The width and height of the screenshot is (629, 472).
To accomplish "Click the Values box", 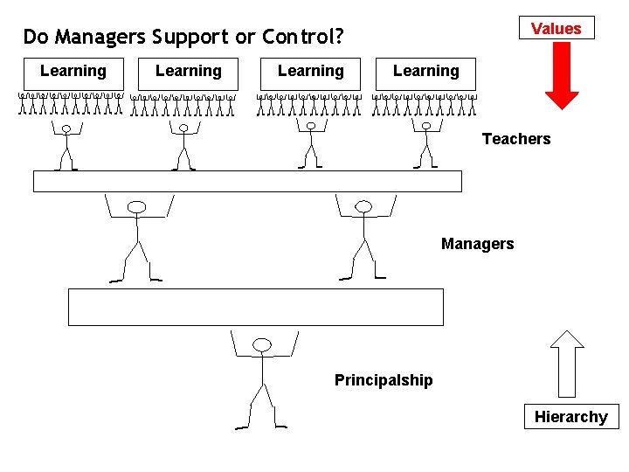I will pyautogui.click(x=556, y=29).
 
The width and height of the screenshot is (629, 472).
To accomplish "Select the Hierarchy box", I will pyautogui.click(x=570, y=417).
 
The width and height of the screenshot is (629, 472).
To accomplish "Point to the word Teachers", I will pyautogui.click(x=516, y=139).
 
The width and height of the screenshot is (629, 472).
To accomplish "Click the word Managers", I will pyautogui.click(x=477, y=244).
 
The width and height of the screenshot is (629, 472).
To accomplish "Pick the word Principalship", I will pyautogui.click(x=383, y=380).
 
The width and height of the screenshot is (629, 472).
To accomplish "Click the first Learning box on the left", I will pyautogui.click(x=73, y=72).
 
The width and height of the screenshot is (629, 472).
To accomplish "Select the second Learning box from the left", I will pyautogui.click(x=188, y=72).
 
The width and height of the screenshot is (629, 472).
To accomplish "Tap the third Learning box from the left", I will pyautogui.click(x=310, y=72).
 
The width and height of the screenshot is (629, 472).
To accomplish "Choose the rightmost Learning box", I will pyautogui.click(x=425, y=72).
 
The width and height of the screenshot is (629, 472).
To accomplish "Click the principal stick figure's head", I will pyautogui.click(x=262, y=345).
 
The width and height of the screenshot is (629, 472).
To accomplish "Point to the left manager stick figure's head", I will pyautogui.click(x=137, y=207).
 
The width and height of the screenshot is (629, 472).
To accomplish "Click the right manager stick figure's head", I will pyautogui.click(x=363, y=207).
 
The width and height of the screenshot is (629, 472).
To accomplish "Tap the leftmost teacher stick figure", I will pyautogui.click(x=66, y=147).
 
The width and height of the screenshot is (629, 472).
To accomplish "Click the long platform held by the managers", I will pyautogui.click(x=247, y=181).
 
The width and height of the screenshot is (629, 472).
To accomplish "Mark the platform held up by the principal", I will pyautogui.click(x=256, y=307).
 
